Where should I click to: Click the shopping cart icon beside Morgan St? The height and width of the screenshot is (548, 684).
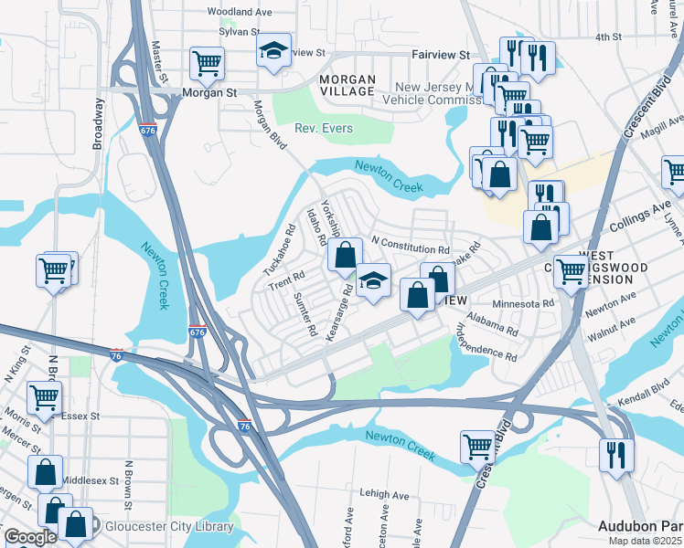pos(207,63)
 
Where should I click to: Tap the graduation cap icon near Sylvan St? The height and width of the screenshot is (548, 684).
pos(273,50)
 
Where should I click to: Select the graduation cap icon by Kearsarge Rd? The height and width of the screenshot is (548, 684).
pos(372,280)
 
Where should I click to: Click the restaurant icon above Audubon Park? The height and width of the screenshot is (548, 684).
pos(616,454)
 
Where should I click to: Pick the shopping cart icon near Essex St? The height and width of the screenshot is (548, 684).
pos(45,397)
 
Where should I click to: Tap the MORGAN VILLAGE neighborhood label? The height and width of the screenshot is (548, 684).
pos(347,85)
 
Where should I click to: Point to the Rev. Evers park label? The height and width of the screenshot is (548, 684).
pos(324,129)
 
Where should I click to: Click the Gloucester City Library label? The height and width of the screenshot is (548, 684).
pos(169,527)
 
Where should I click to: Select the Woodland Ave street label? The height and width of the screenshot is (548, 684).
pos(240,13)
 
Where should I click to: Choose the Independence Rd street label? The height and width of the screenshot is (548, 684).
pos(486,344)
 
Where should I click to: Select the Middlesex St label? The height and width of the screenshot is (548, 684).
pos(91,479)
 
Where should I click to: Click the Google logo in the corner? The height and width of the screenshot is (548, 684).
pos(30,537)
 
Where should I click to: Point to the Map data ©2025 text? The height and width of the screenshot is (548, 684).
pos(646,541)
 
